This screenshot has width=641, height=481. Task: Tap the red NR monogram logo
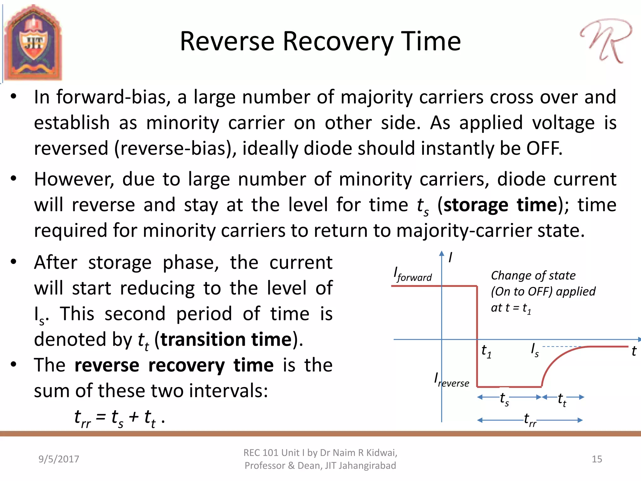point(606,41)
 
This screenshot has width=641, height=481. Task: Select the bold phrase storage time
point(500,205)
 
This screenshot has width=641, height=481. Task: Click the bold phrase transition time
point(226,340)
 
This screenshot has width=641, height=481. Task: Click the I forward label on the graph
point(412,274)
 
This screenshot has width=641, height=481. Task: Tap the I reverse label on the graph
point(451,380)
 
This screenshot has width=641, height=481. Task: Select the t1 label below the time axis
point(486,351)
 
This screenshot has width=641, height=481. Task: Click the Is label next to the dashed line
point(535,350)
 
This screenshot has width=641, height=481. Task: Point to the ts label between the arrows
point(504,399)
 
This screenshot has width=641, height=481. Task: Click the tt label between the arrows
point(562,400)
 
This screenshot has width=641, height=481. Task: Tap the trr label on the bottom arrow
point(530,420)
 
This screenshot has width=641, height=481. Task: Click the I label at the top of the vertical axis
point(450,258)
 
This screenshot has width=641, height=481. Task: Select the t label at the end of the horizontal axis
point(633,351)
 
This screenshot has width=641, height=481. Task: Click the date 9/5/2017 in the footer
point(59,459)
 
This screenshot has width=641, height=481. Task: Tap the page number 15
point(597,459)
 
